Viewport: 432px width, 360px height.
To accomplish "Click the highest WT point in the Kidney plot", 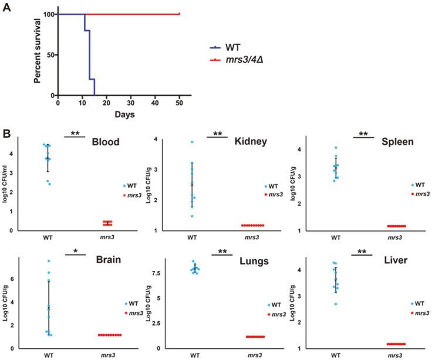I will point(191,142).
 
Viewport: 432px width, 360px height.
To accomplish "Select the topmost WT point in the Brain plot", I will point(49,261).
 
